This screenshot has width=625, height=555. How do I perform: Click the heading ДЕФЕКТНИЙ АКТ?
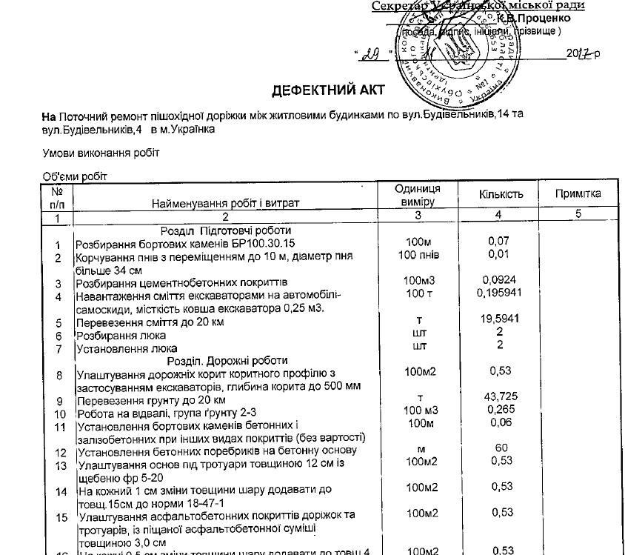click(x=318, y=90)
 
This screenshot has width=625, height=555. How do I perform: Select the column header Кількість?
click(x=501, y=194)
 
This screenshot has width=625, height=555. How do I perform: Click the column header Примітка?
click(x=578, y=194)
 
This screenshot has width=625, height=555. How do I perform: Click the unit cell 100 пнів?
click(x=418, y=255)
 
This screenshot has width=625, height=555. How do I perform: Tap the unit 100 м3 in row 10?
click(x=418, y=410)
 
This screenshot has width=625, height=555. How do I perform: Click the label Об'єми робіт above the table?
click(x=75, y=176)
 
